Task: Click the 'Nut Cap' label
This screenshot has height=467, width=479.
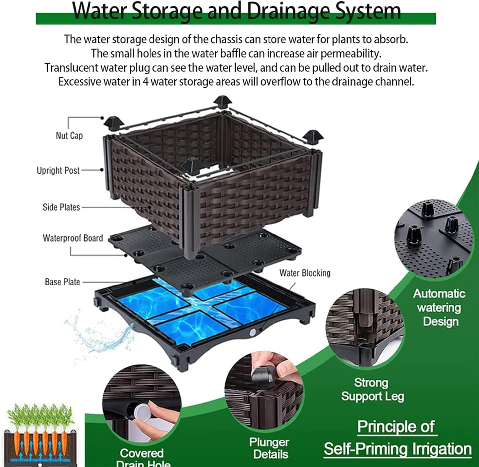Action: pos(69,136)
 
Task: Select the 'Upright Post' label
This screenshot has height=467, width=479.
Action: pos(58,171)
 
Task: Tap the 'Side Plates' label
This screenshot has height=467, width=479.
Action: pos(61,207)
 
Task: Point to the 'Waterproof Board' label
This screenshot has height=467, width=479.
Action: pos(73,238)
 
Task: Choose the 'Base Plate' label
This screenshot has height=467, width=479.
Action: pos(62,282)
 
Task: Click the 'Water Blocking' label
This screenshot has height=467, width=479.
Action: pos(305,273)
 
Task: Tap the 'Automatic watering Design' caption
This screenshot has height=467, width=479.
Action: pos(440,308)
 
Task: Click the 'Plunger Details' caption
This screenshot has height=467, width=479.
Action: pos(269,448)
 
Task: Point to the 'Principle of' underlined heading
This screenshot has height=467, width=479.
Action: pos(396,427)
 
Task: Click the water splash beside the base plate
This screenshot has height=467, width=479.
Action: pos(99,335)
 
